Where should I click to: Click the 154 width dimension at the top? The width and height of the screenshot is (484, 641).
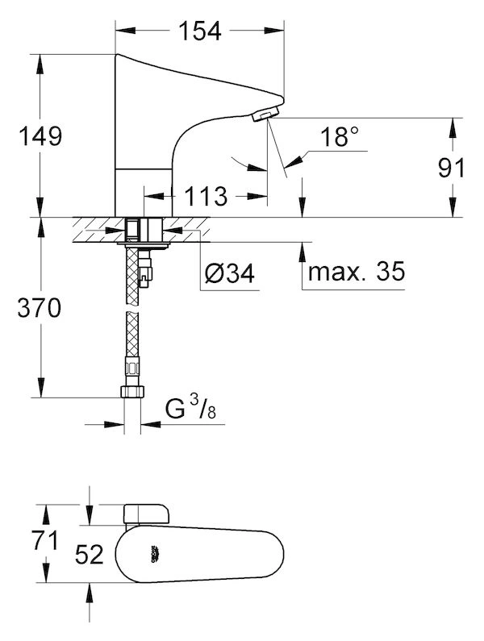(x=200, y=31)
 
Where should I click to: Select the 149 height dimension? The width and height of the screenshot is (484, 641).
(x=40, y=136)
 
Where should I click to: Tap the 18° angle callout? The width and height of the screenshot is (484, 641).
(x=340, y=136)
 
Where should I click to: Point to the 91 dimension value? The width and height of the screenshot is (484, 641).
(x=451, y=168)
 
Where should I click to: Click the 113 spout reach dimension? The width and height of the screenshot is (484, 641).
(x=206, y=196)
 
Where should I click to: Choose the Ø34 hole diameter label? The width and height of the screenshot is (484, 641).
(x=230, y=273)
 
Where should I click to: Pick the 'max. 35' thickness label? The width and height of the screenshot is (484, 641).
(x=357, y=271)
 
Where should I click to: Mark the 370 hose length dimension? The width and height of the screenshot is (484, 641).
(x=40, y=308)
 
